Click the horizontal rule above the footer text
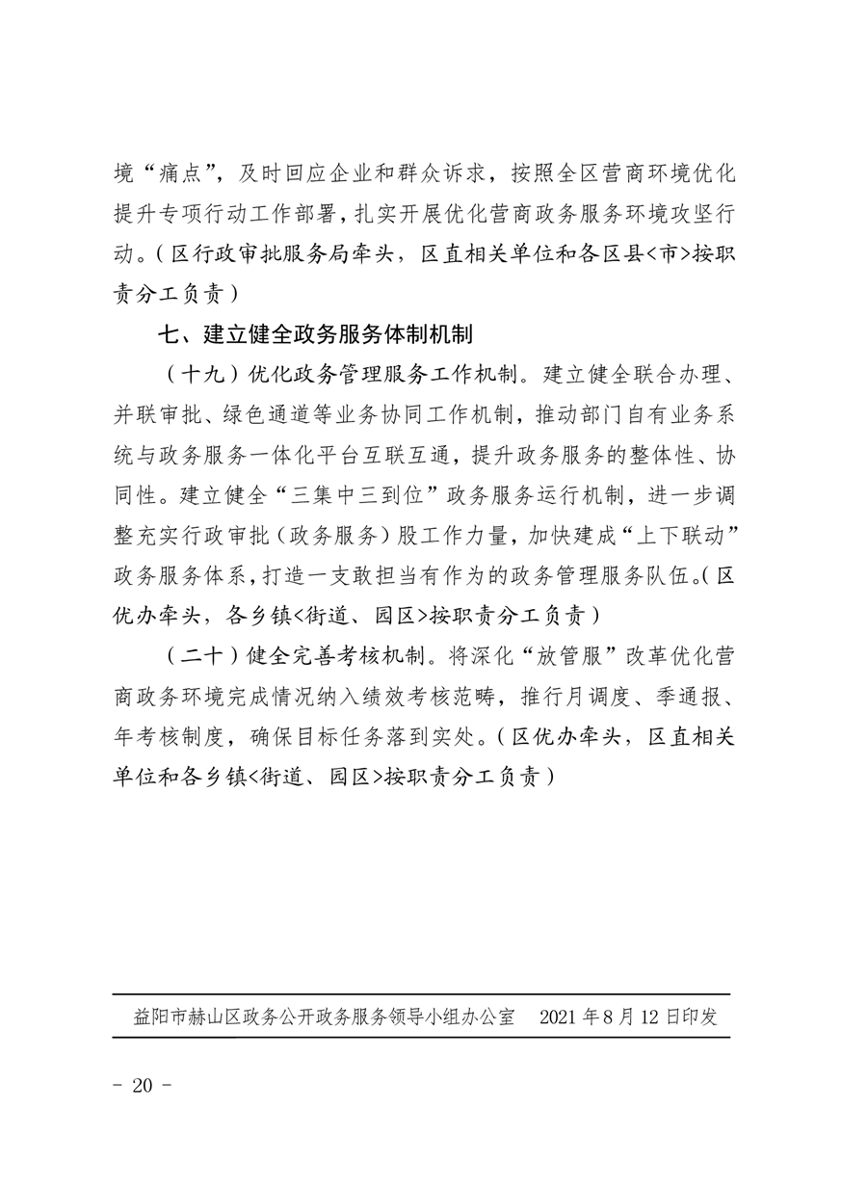(x=421, y=994)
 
